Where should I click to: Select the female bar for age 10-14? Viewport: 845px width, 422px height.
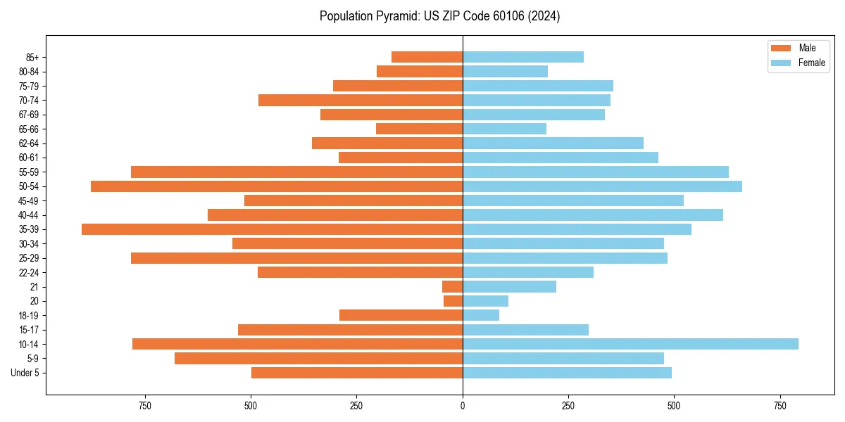630,344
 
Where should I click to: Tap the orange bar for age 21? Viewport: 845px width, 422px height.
452,287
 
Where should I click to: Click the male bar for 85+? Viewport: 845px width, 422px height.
427,57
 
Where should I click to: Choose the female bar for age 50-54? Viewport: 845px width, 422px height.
602,186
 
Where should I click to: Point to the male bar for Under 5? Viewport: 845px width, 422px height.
357,373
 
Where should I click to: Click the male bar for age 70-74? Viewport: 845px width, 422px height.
361,100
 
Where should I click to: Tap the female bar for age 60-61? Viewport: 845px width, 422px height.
561,158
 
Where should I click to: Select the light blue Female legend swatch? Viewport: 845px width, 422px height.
781,63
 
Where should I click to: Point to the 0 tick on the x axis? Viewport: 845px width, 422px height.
463,406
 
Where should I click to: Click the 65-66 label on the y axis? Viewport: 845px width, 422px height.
29,129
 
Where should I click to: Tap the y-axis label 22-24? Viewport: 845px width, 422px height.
29,272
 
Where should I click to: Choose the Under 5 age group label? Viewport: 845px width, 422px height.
25,373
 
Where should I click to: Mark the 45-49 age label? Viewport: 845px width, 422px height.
29,200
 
